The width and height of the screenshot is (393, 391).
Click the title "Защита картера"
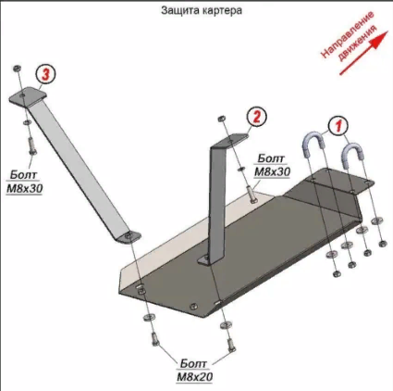202,10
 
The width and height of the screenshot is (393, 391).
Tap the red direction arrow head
380,38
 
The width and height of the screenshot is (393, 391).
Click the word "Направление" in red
348,34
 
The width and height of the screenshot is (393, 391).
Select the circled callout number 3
45,75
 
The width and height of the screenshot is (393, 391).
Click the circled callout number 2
256,117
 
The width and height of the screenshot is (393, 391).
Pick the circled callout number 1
338,125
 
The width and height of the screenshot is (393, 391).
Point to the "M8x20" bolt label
195,376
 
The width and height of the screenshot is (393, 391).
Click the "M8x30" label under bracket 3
24,188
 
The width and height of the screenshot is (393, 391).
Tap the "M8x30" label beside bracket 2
272,171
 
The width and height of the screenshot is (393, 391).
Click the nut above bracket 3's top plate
18,69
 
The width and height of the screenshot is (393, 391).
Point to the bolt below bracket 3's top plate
31,145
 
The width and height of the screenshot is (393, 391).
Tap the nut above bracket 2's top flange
221,119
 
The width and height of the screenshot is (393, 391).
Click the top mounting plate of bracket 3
28,96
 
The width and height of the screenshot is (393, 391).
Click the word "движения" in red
357,44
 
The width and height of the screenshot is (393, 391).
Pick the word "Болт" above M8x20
193,363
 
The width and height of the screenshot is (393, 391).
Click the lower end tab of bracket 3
129,238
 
